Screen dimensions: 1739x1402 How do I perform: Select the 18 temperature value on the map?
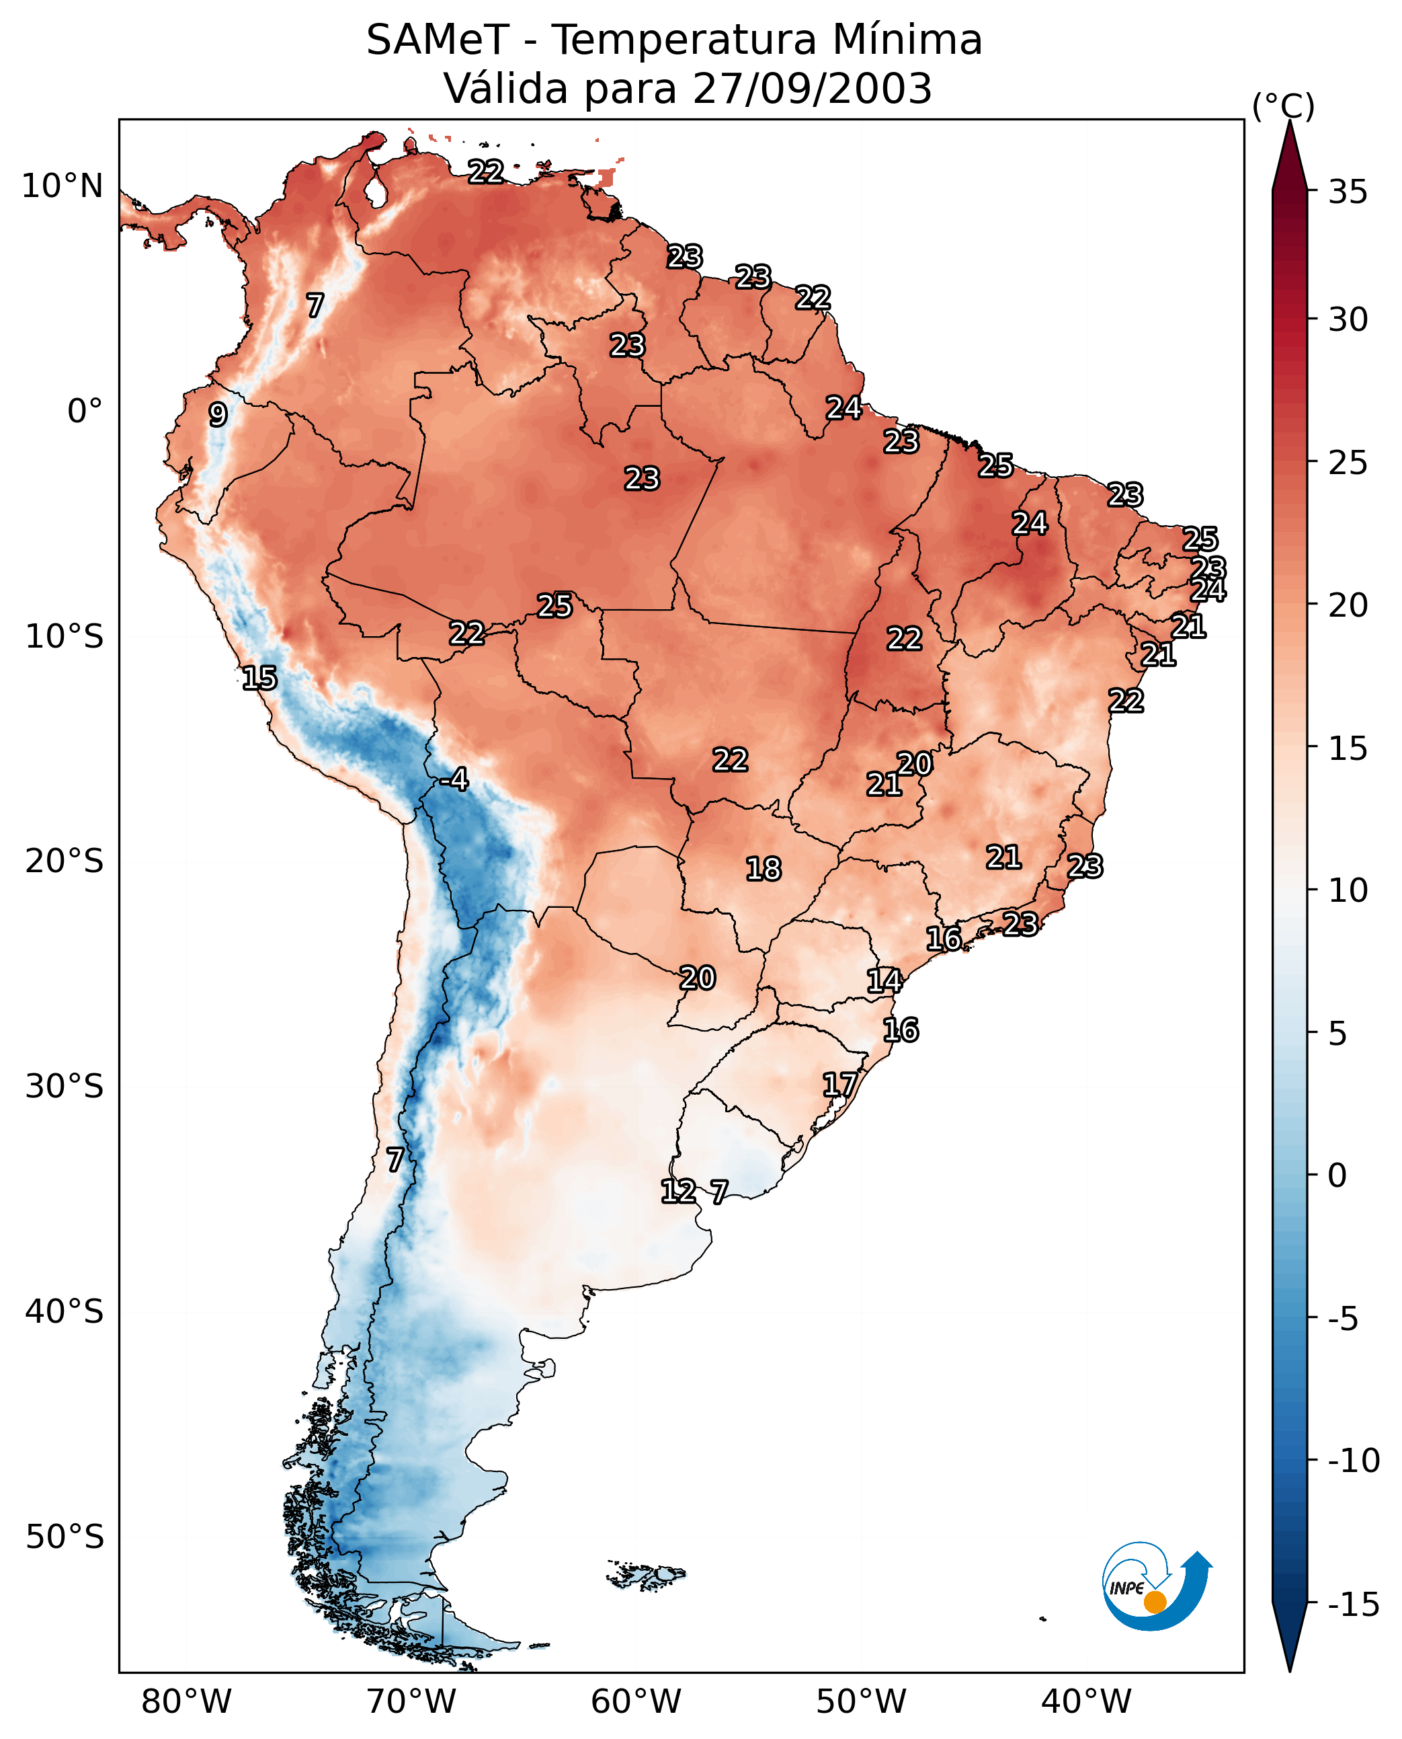coord(764,869)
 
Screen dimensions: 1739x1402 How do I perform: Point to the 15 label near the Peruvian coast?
coord(259,678)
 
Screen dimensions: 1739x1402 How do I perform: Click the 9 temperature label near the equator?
coord(218,414)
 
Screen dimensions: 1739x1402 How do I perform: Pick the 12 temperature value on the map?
coord(677,1191)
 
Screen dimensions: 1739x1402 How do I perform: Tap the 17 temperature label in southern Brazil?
coord(840,1085)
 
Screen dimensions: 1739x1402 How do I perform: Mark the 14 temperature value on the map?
coord(884,981)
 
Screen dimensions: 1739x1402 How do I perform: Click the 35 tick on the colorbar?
coord(1348,192)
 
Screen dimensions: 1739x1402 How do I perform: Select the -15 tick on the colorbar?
coord(1354,1605)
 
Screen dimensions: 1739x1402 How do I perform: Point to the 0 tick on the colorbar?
coord(1337,1175)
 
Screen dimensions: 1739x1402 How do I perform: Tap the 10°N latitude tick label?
coord(63,187)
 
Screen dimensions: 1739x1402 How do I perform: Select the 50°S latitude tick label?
coord(65,1537)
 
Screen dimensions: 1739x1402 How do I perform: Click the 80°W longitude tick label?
coord(187,1702)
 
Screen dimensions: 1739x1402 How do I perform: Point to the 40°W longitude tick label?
coord(1086,1702)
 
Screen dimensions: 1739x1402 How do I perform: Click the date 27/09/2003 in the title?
coord(813,88)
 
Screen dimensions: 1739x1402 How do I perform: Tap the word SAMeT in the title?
coord(437,40)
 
